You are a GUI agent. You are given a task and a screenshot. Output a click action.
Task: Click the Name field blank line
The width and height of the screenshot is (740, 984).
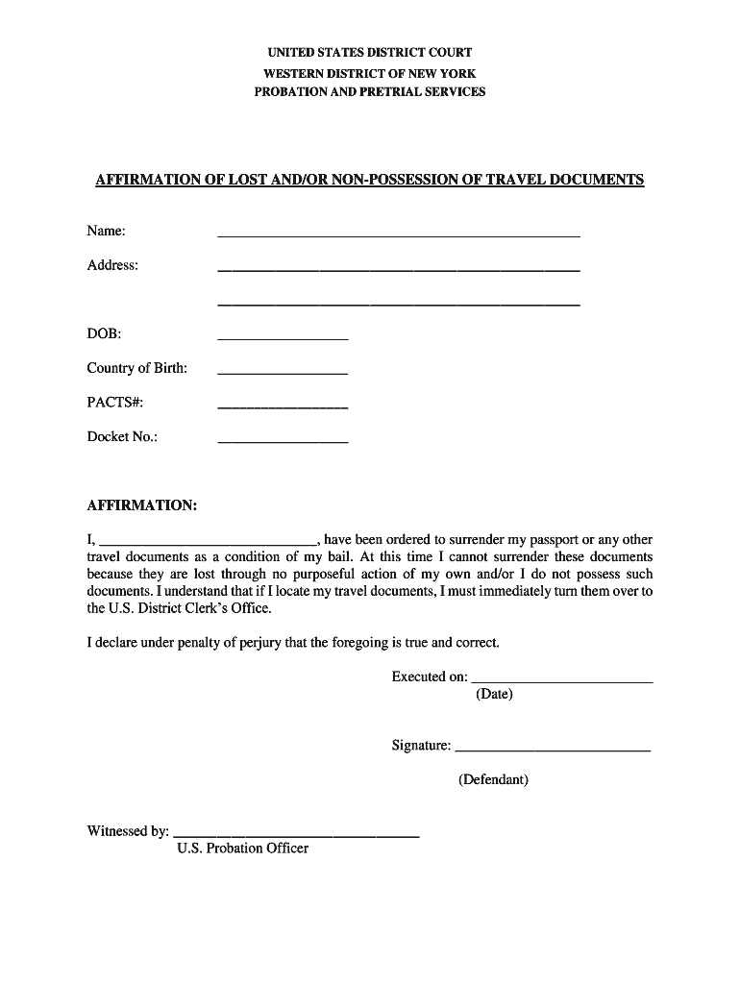(399, 234)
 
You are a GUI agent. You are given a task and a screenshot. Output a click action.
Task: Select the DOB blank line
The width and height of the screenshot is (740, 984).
(283, 337)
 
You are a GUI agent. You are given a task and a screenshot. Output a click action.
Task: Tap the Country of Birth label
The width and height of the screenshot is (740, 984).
(136, 368)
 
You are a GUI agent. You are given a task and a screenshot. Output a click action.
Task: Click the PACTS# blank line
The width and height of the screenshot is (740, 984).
(283, 406)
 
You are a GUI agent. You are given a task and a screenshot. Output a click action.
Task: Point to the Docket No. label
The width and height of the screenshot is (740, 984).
(122, 437)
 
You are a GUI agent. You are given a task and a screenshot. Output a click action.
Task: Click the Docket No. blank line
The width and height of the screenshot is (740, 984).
(283, 440)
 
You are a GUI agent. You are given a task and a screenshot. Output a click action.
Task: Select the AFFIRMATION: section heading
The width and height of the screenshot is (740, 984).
(142, 505)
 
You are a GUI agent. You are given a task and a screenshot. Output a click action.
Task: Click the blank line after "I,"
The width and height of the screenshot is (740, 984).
(208, 542)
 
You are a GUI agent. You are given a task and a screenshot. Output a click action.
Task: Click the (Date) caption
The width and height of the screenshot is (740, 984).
(494, 694)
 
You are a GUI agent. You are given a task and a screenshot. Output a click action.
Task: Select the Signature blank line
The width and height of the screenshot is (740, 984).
(553, 748)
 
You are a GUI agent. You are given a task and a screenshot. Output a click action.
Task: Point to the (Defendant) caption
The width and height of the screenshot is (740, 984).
(493, 779)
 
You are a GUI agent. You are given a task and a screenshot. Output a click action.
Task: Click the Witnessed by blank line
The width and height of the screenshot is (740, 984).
(296, 836)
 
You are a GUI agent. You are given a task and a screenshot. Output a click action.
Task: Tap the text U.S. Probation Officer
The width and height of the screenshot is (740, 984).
(242, 849)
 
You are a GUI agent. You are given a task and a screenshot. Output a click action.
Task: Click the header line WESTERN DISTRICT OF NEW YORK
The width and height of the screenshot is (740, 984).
(370, 73)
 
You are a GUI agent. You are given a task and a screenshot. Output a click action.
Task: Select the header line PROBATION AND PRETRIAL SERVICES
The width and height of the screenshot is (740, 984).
(370, 92)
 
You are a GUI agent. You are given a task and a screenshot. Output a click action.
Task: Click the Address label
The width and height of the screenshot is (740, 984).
(112, 265)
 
